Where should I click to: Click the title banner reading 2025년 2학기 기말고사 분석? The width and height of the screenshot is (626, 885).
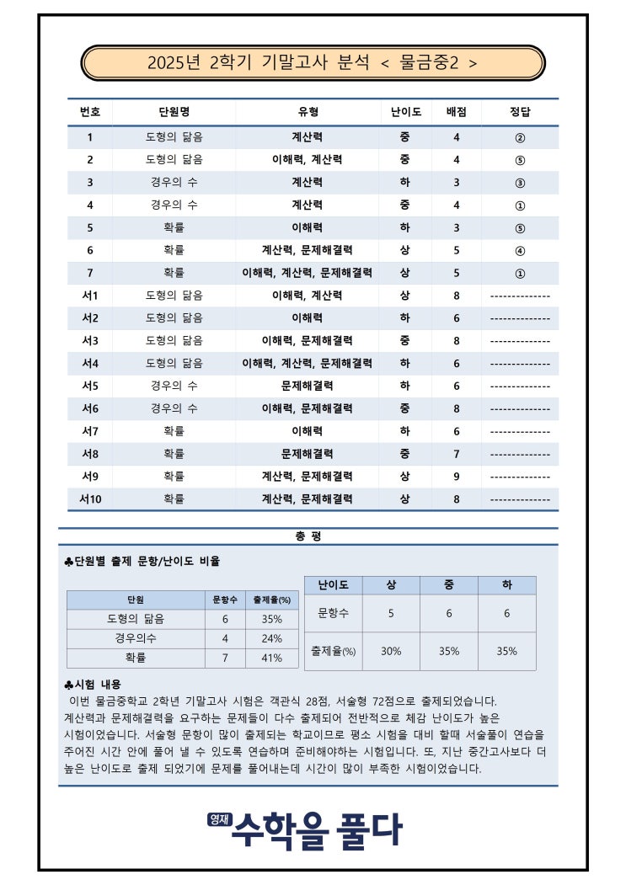[313, 62]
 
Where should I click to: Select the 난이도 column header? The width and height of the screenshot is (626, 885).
[406, 112]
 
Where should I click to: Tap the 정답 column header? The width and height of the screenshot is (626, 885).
[520, 112]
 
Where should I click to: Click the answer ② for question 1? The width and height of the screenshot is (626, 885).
[520, 137]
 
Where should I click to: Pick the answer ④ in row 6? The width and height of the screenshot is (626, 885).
[520, 250]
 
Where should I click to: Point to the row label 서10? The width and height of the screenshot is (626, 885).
[90, 498]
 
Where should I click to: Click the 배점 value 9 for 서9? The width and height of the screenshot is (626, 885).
[457, 476]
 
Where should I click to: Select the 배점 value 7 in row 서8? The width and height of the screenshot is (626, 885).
[457, 454]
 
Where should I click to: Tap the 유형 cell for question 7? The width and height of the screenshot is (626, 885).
[307, 273]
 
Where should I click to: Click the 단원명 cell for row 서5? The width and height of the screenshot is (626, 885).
[174, 386]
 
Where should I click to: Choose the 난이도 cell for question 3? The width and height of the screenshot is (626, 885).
[405, 182]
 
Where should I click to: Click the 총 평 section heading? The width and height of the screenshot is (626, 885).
[308, 536]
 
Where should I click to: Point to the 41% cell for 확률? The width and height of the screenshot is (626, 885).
[271, 658]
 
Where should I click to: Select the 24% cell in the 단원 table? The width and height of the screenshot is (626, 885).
[271, 638]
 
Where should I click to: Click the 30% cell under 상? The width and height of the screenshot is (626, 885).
[391, 651]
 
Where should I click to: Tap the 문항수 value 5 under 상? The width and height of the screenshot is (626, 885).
[391, 613]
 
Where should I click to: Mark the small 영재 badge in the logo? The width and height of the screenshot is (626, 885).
[218, 818]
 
